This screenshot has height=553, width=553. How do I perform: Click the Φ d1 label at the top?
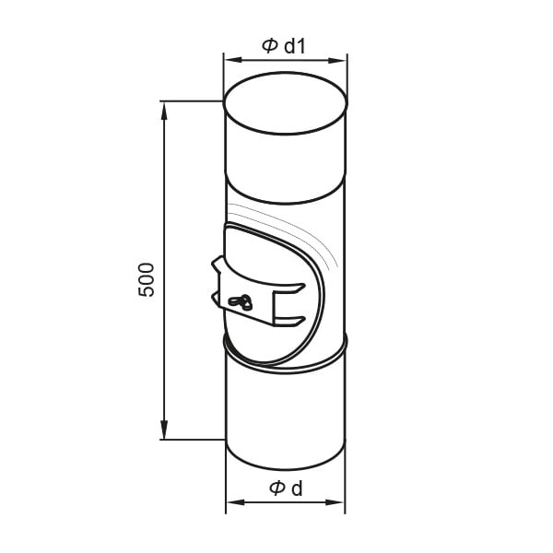coord(284,46)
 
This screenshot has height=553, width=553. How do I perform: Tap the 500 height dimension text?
coord(147,279)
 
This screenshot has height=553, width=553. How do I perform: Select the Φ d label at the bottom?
coord(286,488)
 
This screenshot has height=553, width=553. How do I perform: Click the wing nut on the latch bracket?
coord(241,302)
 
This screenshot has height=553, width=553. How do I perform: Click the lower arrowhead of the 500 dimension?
coord(164,429)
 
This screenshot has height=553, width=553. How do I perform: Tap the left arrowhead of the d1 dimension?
coord(233,60)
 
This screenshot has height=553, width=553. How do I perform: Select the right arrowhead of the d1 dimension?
coord(337,60)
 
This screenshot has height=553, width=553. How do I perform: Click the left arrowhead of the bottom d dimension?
coord(235,502)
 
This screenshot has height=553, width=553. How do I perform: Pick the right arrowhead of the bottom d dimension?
coord(335,502)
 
